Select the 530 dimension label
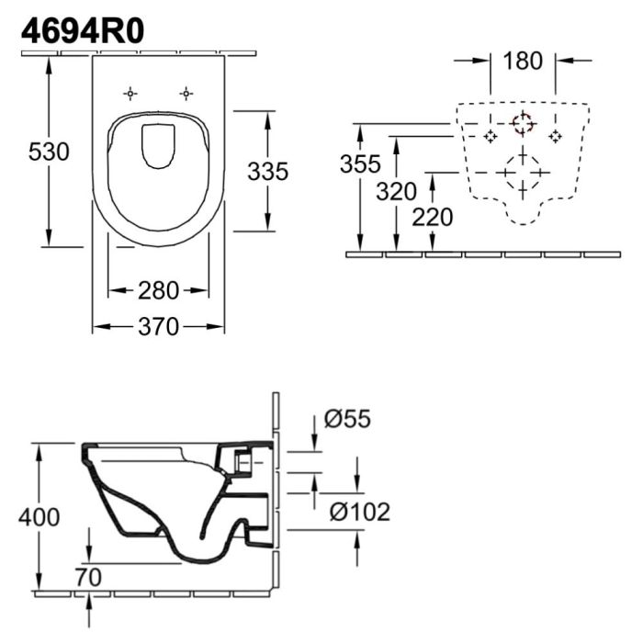[x=49, y=152]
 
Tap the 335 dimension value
[x=267, y=171]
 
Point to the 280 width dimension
[x=158, y=291]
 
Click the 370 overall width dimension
[x=158, y=327]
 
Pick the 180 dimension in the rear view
[x=524, y=62]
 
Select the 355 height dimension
[x=360, y=165]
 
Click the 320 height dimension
[x=397, y=192]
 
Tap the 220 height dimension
[x=433, y=218]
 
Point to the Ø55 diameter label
[x=348, y=421]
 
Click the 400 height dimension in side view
[x=39, y=517]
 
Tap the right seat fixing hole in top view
[x=186, y=94]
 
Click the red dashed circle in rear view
[x=523, y=123]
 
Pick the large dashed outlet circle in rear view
[x=523, y=171]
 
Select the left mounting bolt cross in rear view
[x=491, y=136]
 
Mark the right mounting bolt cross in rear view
[x=555, y=136]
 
